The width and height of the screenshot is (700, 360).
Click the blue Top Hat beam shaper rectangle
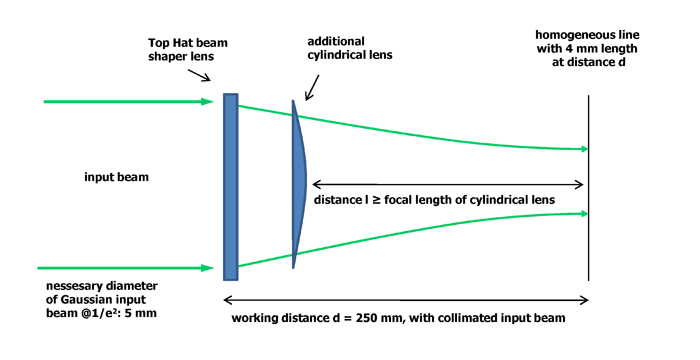pos(231,187)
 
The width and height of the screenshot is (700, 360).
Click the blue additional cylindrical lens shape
pos(298,184)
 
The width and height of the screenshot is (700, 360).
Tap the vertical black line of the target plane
pos(588,188)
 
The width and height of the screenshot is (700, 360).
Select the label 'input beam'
pos(117,177)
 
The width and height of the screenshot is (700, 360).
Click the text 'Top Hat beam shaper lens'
pos(188,50)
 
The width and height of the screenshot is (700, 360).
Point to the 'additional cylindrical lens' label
pos(350,48)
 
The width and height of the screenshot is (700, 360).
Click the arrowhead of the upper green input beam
pos(208,101)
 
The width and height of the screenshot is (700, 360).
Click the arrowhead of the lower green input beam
pos(208,268)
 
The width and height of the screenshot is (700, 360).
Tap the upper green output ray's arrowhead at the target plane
pos(583,149)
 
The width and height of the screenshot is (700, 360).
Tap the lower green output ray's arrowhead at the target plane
pos(583,213)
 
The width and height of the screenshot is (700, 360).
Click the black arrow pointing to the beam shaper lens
pos(199,75)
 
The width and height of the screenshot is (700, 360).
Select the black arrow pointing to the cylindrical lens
pos(312,88)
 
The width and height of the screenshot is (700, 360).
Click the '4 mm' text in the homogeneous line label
pos(578,49)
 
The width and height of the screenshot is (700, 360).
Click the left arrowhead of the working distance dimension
pos(228,300)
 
